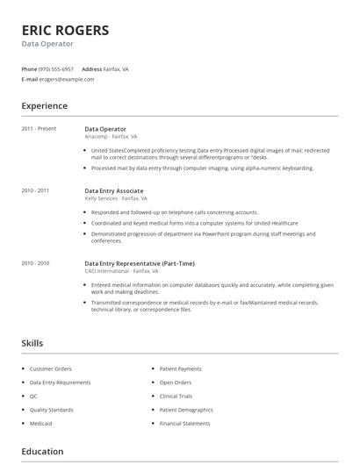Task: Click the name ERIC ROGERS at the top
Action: pyautogui.click(x=66, y=30)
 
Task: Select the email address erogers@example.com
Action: pyautogui.click(x=67, y=79)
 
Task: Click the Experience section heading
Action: pyautogui.click(x=44, y=106)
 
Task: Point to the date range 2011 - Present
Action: pyautogui.click(x=39, y=129)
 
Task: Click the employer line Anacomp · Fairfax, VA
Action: pyautogui.click(x=112, y=137)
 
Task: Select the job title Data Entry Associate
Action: pyautogui.click(x=113, y=190)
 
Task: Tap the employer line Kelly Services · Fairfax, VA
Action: pyautogui.click(x=116, y=198)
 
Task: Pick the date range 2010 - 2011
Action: pyautogui.click(x=35, y=190)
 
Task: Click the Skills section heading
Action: pyautogui.click(x=32, y=343)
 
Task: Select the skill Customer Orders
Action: pyautogui.click(x=50, y=368)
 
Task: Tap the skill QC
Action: pyautogui.click(x=33, y=396)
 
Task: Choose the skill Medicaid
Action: pyautogui.click(x=41, y=423)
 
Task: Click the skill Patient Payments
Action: pyautogui.click(x=180, y=368)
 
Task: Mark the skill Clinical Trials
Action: pyautogui.click(x=176, y=396)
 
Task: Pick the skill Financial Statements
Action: pyautogui.click(x=184, y=423)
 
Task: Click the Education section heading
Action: pyautogui.click(x=42, y=452)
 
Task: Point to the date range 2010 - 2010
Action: pyautogui.click(x=35, y=263)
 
